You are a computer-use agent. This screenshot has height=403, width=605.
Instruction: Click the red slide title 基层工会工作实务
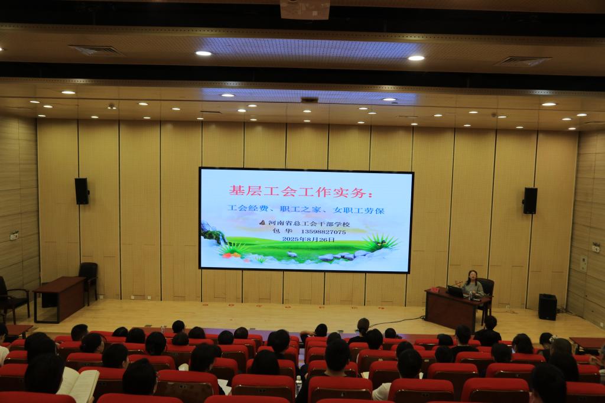(x=297, y=191)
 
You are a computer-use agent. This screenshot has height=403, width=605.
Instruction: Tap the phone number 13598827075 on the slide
(x=323, y=232)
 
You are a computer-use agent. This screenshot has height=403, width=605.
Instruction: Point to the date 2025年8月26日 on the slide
(x=308, y=239)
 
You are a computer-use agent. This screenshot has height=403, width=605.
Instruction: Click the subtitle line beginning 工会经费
(x=305, y=210)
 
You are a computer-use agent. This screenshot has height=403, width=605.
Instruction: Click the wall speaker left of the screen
(x=82, y=191)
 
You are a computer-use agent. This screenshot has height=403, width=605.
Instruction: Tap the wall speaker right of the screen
(x=530, y=201)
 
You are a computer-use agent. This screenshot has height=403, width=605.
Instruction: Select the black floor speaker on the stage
(x=548, y=307)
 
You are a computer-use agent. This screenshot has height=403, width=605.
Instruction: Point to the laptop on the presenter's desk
(x=456, y=291)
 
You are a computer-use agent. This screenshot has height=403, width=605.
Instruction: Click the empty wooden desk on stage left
(x=58, y=298)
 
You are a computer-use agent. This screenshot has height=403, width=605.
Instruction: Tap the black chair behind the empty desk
(x=89, y=281)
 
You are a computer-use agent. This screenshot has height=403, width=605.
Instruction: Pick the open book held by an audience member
(x=79, y=383)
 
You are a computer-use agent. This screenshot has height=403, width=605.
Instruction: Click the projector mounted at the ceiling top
(x=305, y=9)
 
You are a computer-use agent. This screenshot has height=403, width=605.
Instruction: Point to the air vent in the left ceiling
(x=96, y=50)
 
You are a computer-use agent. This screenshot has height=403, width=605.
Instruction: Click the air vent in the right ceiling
(x=523, y=61)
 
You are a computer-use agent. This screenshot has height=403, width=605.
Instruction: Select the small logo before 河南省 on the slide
(x=263, y=223)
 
